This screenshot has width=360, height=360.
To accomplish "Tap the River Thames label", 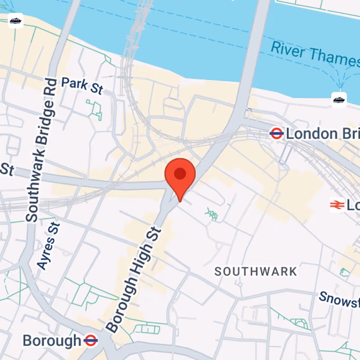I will (315, 53).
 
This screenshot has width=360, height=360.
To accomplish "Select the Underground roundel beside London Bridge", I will (276, 133).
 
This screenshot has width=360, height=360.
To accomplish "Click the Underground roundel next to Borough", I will (90, 340).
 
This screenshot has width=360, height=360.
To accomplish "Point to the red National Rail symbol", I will (336, 205).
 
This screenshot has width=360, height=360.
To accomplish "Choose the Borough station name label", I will (51, 341).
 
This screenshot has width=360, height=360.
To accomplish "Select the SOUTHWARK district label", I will (256, 271).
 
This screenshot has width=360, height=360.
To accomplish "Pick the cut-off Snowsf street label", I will (339, 298).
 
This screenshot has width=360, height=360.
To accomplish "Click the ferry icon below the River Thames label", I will (339, 99).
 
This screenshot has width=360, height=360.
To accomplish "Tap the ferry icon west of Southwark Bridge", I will (16, 21).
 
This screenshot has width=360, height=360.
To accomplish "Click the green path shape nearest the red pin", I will (211, 214).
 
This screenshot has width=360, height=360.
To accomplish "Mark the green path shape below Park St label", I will (94, 110).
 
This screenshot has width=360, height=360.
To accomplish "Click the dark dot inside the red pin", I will (180, 173).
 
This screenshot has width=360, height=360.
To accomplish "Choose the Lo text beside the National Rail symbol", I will (353, 205).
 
